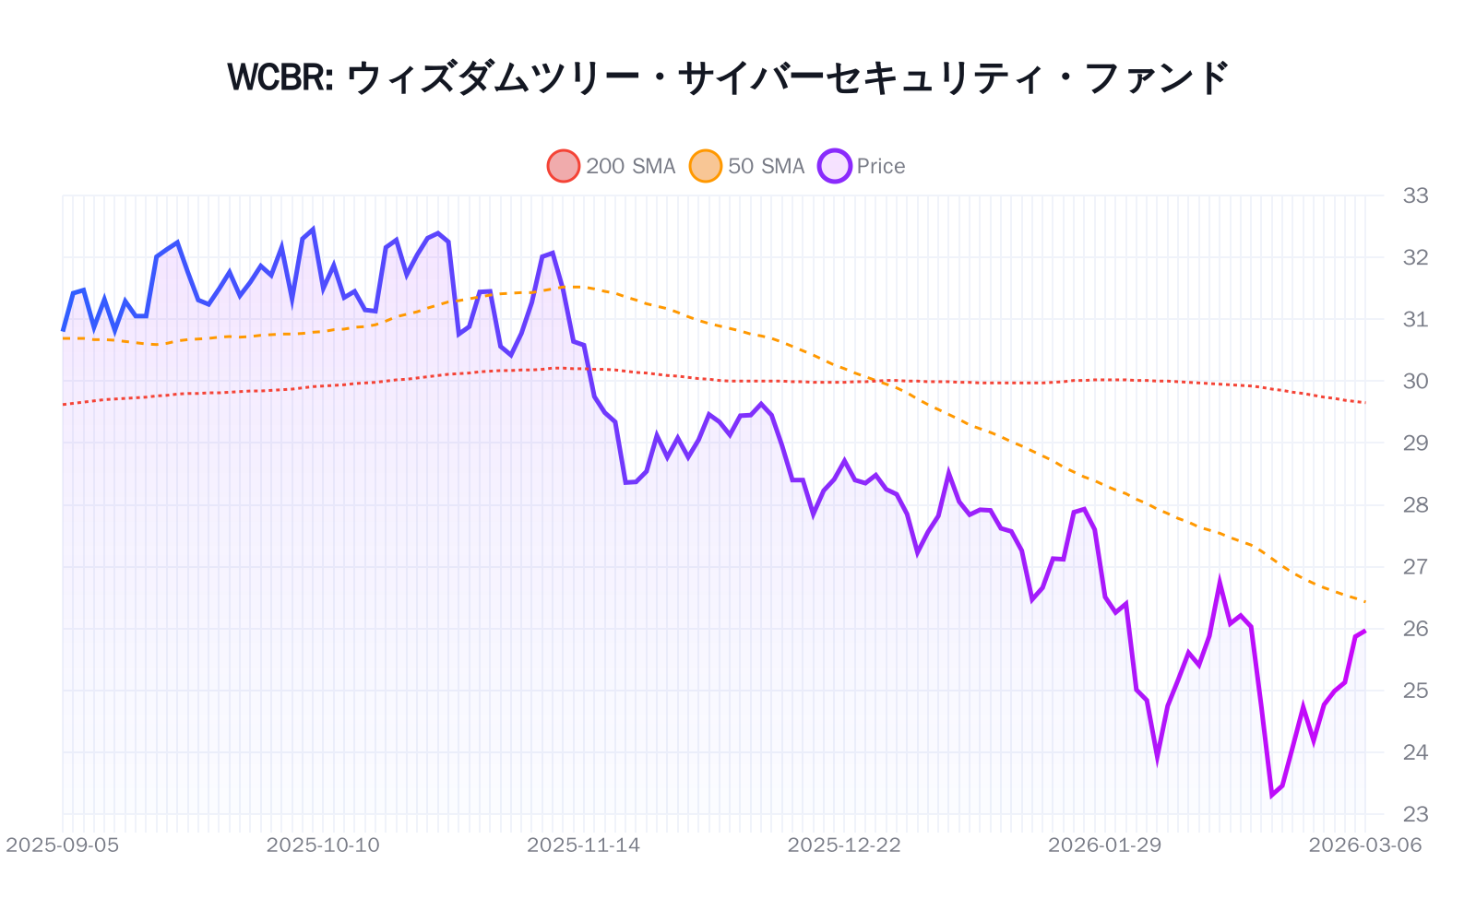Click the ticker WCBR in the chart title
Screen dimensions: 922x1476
pos(280,77)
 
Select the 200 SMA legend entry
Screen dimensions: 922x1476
pos(612,166)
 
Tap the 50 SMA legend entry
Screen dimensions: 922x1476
pos(747,166)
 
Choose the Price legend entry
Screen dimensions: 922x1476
pos(862,166)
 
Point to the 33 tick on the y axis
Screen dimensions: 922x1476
pos(1415,195)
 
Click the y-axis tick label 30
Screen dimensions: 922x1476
pos(1415,381)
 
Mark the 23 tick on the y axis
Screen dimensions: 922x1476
pos(1415,814)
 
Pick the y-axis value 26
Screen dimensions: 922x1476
pos(1415,629)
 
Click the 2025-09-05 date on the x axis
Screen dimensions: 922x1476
pos(63,845)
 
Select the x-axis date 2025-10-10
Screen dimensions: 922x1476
pos(323,845)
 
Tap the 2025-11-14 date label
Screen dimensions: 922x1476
pos(583,845)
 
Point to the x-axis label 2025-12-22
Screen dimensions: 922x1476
pos(844,845)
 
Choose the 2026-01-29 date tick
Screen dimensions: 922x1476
pos(1104,845)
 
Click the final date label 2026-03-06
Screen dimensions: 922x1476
pos(1365,845)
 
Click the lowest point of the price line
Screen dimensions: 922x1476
pos(1272,795)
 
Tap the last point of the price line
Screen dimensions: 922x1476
pos(1365,631)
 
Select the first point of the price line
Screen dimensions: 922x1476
pos(63,330)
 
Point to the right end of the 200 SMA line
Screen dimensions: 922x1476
pos(1365,403)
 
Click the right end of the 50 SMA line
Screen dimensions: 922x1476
pos(1365,602)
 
